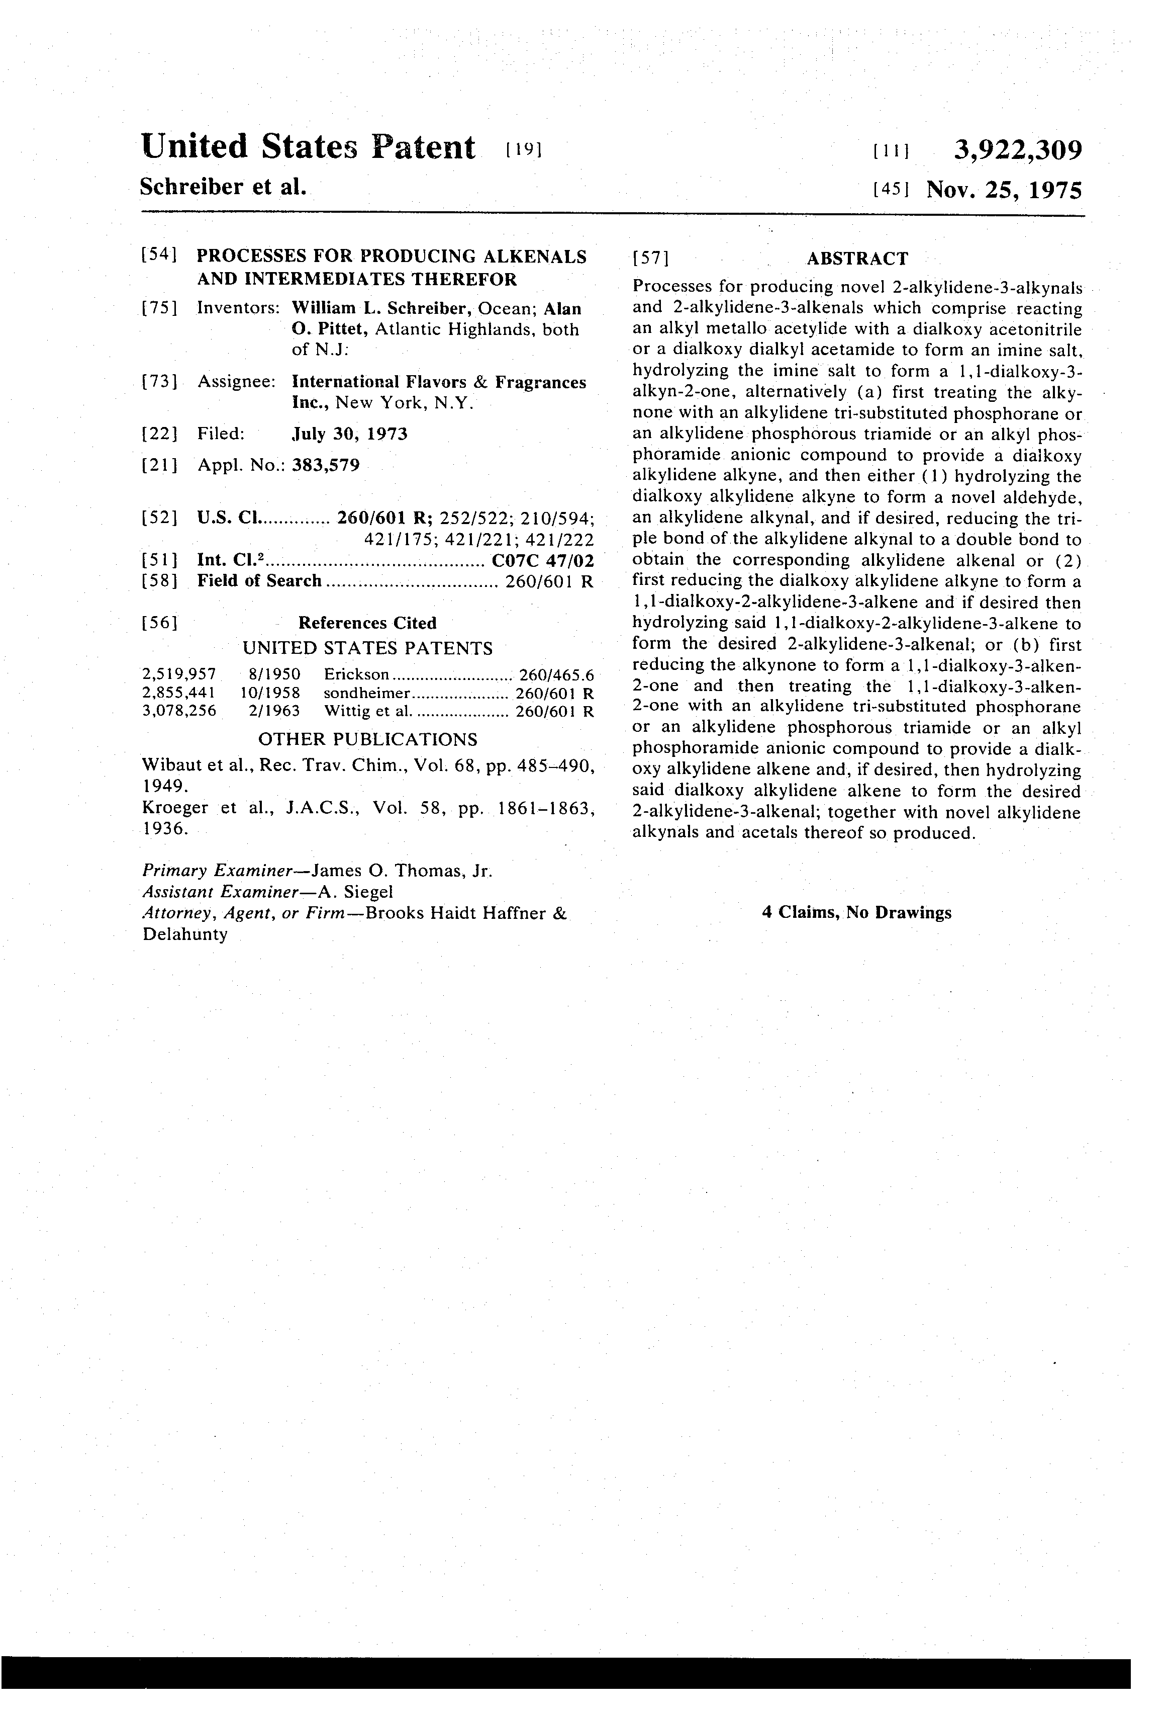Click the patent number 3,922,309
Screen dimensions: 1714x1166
tap(1018, 150)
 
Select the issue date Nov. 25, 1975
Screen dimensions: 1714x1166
tap(1004, 190)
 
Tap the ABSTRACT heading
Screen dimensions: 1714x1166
tap(857, 258)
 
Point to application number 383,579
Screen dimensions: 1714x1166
tap(326, 465)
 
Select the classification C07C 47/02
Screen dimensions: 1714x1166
tap(542, 560)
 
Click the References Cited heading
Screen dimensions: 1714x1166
tap(367, 623)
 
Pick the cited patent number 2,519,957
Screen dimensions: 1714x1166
tap(179, 674)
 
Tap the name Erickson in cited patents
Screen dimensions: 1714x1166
tap(356, 674)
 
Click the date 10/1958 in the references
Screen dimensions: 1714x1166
tap(270, 693)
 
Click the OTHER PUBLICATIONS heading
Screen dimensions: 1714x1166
tap(367, 739)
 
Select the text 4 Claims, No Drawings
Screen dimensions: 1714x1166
tap(856, 912)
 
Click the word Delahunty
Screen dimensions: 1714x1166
tap(185, 934)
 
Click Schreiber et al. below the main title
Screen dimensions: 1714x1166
tap(223, 187)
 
